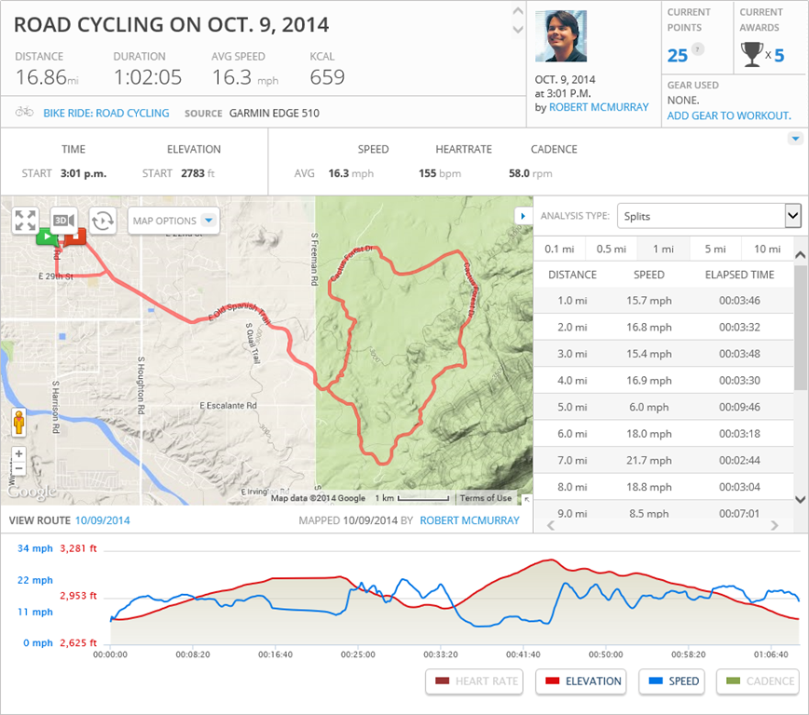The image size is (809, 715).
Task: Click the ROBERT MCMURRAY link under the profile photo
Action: [598, 107]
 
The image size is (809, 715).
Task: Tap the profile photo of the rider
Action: [561, 36]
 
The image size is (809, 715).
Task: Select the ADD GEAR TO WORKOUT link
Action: [729, 115]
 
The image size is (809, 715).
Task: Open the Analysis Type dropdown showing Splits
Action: [708, 216]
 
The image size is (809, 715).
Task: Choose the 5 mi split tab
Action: [715, 249]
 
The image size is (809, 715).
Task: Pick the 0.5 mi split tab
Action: [610, 249]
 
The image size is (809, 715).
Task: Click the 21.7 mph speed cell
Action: [650, 460]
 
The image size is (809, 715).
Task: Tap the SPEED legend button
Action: [673, 681]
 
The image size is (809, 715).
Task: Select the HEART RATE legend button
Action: [474, 681]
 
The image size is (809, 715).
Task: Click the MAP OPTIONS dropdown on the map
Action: [173, 221]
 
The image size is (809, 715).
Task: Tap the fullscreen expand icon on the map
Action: [25, 221]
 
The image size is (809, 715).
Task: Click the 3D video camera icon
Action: [63, 221]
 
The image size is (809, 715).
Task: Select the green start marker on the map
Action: [46, 237]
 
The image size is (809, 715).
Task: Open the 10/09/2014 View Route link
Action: [103, 520]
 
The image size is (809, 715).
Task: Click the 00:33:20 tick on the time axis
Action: [440, 654]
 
